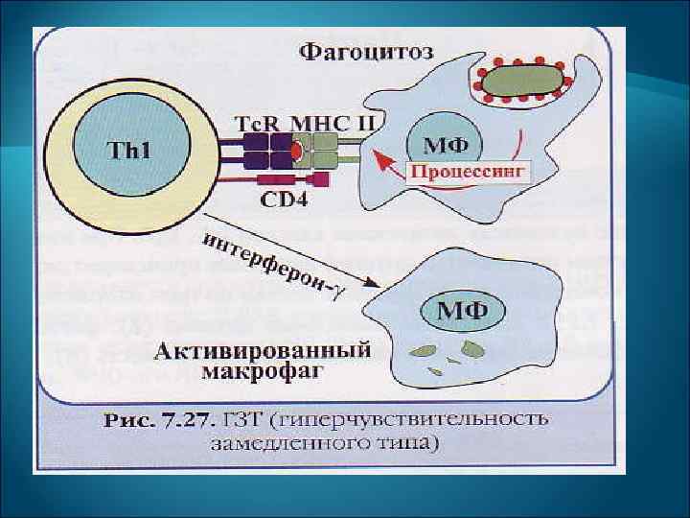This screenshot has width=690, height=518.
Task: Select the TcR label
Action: click(x=259, y=125)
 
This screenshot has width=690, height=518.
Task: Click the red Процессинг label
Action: click(x=469, y=173)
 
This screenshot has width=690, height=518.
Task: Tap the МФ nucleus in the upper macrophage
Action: click(x=446, y=146)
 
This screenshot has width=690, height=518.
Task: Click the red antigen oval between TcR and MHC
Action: click(x=297, y=152)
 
